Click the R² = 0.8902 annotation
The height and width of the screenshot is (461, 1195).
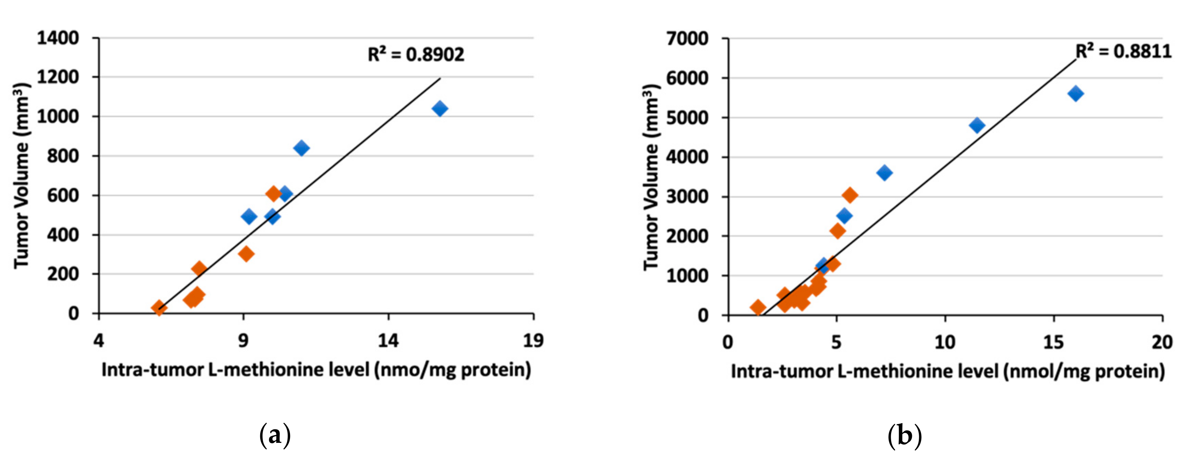tap(416, 55)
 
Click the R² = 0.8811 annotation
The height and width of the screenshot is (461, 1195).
tap(1123, 51)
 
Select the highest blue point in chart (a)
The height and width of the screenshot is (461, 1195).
tap(439, 109)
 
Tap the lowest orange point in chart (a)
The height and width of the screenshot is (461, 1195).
tap(159, 307)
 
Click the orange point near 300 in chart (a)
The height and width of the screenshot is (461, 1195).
tap(246, 254)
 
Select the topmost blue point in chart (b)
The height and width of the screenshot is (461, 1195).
tap(1075, 94)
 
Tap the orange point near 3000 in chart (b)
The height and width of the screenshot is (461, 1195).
tap(850, 195)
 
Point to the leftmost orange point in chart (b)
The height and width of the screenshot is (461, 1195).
tap(758, 307)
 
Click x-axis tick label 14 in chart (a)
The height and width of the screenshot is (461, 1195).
tap(388, 341)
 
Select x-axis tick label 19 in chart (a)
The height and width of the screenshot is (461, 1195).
tap(533, 341)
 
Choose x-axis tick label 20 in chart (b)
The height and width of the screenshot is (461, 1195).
tap(1162, 342)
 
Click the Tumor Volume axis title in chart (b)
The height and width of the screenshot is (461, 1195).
tap(652, 176)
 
